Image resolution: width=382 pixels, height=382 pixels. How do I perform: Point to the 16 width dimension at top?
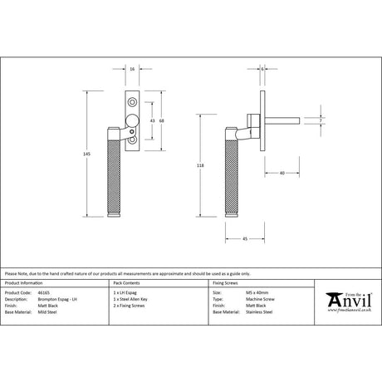[134, 70]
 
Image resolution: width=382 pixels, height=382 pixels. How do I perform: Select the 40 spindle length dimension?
[282, 173]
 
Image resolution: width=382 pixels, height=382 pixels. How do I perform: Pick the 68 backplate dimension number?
[161, 121]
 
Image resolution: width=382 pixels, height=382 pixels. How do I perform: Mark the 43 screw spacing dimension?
[150, 121]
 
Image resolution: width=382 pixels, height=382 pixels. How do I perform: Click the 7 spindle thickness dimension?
[321, 121]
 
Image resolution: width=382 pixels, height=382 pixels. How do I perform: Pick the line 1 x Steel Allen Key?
[131, 299]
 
